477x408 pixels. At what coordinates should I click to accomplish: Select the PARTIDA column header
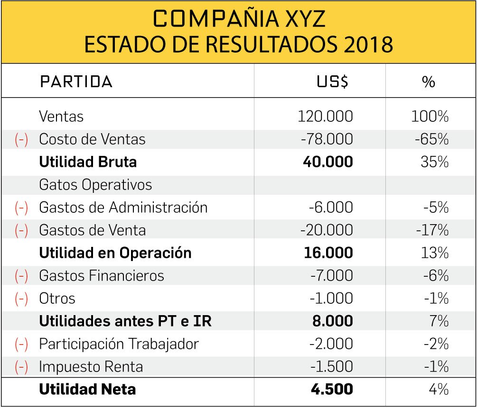pos(76,82)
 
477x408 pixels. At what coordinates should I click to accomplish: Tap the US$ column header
pos(332,82)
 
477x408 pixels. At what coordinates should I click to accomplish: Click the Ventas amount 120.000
pos(325,117)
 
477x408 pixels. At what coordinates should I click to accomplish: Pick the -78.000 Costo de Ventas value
pos(327,139)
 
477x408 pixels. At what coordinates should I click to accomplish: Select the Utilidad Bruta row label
pos(88,162)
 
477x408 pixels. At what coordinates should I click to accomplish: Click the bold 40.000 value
pos(328,162)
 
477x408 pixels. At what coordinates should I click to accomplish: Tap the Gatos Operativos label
pos(95,185)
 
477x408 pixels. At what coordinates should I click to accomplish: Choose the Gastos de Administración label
pos(123,208)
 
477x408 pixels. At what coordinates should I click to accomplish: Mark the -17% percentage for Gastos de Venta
pos(432,230)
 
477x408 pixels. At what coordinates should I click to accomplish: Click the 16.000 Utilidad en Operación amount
pos(328,253)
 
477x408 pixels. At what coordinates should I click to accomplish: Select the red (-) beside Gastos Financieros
pos(21,276)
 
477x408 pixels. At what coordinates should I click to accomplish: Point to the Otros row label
pos(57,299)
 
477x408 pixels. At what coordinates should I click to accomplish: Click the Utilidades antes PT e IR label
pos(125,321)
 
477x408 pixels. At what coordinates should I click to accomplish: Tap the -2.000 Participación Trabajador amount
pos(331,344)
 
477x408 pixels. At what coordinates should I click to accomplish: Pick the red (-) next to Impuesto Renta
pos(21,367)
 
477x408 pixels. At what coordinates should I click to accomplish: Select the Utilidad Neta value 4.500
pos(332,390)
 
